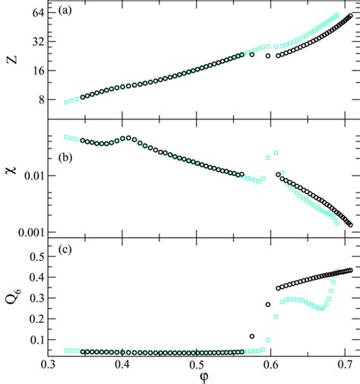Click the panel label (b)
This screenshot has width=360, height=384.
point(64,160)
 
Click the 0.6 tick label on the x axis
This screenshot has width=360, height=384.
point(271,363)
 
